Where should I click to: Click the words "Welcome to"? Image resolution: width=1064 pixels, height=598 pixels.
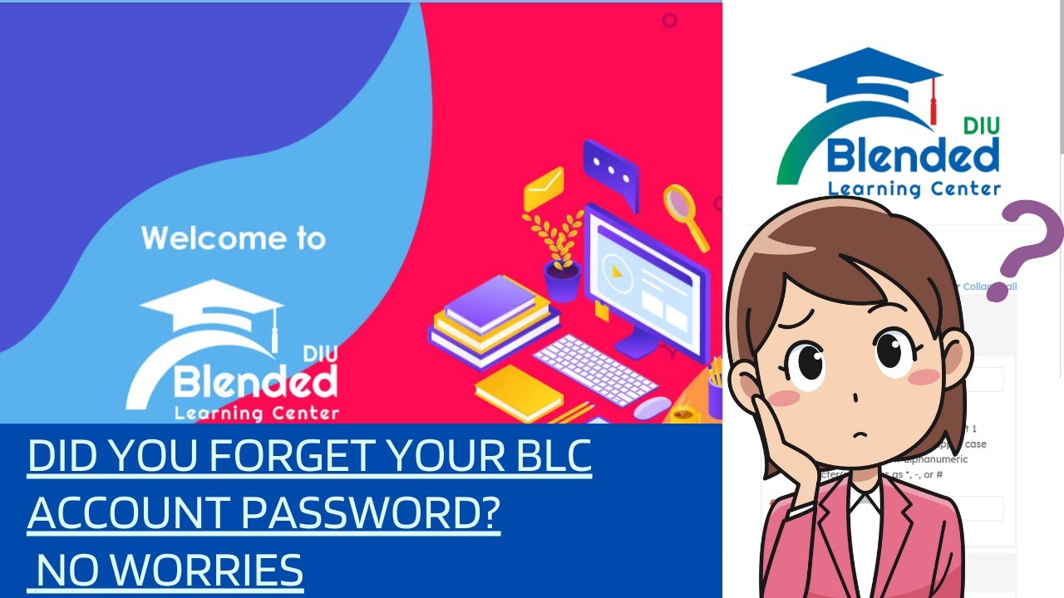tap(233, 238)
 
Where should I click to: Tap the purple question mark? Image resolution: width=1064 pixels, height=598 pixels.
tap(1027, 241)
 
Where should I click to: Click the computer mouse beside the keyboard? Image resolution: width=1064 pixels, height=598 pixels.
tap(653, 407)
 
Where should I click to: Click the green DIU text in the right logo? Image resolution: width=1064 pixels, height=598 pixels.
tap(981, 126)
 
